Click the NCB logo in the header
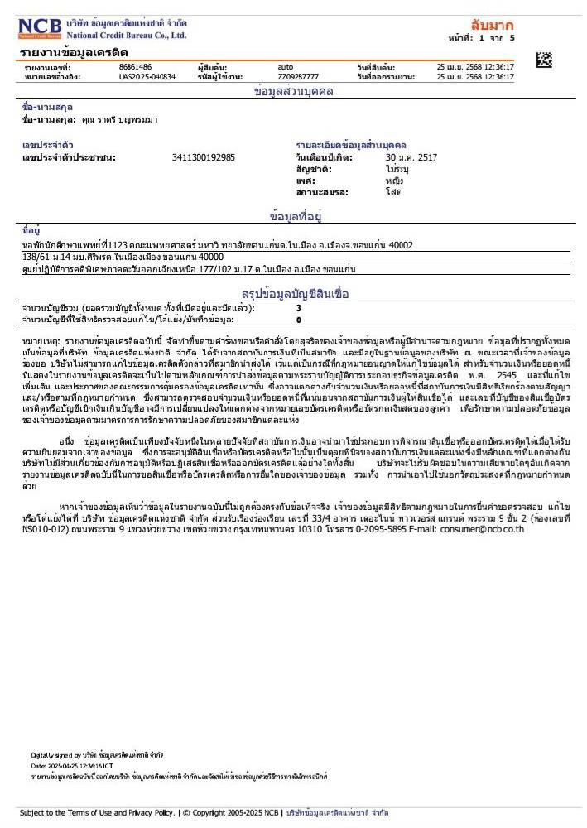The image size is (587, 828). coord(40,29)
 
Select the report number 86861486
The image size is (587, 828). coord(135,66)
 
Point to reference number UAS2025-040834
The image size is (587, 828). coord(147,76)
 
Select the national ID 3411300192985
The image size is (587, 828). coord(203,156)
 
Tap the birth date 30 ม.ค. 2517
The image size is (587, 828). coord(411,156)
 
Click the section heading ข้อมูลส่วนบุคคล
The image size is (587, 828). coord(293,91)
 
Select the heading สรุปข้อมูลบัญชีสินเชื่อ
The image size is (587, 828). coord(296,294)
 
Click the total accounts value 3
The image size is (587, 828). coord(299,308)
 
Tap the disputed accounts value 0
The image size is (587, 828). coord(299,319)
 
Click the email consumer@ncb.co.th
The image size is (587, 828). coord(482,527)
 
